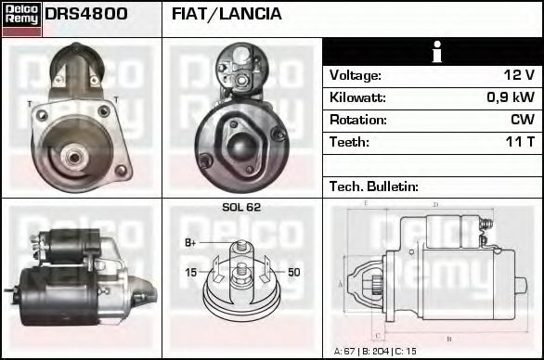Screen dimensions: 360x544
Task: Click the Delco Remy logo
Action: pyautogui.click(x=21, y=19)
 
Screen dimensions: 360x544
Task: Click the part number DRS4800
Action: pyautogui.click(x=85, y=15)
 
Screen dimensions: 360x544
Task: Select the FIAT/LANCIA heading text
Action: pyautogui.click(x=227, y=15)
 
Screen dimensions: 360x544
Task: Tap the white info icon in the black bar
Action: pyautogui.click(x=433, y=52)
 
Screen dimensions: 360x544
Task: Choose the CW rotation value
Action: pyautogui.click(x=522, y=120)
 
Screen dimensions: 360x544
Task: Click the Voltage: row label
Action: pyautogui.click(x=356, y=75)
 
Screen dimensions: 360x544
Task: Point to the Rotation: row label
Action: pyautogui.click(x=358, y=120)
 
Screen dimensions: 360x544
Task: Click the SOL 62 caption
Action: pyautogui.click(x=241, y=208)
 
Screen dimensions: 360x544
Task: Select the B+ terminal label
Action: pyautogui.click(x=190, y=243)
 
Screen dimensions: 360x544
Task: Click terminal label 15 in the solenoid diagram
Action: pyautogui.click(x=190, y=272)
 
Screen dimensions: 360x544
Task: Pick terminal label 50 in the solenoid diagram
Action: pyautogui.click(x=294, y=272)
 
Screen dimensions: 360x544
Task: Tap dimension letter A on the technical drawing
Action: pyautogui.click(x=340, y=282)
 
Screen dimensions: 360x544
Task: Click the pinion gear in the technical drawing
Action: pyautogui.click(x=376, y=282)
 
